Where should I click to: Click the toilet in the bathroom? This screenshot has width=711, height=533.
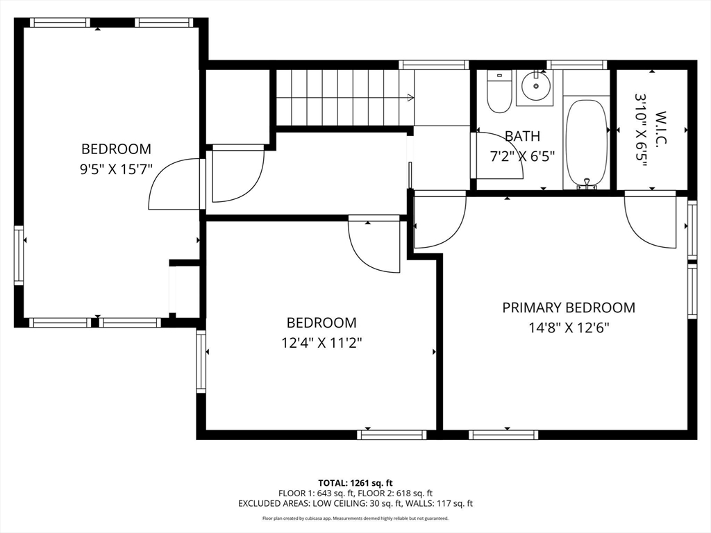(x=499, y=92)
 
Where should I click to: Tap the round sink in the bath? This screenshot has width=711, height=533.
(x=535, y=85)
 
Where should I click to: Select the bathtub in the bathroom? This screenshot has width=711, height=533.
(x=587, y=143)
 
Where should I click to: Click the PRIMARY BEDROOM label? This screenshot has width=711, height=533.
(x=569, y=307)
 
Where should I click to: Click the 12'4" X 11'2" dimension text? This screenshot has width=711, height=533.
(x=321, y=343)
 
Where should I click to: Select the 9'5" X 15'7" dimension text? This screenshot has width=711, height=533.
(x=116, y=169)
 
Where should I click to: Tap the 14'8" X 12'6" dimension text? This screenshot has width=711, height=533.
(x=569, y=328)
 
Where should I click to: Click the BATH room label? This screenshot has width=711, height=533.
(x=522, y=136)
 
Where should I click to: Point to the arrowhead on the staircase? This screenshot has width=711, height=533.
(x=411, y=97)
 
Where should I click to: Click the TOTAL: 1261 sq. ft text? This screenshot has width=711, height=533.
(x=355, y=483)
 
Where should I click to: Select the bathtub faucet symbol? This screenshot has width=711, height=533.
(x=587, y=183)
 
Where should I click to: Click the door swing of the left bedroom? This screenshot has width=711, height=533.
(x=174, y=183)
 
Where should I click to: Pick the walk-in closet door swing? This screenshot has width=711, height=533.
(x=650, y=220)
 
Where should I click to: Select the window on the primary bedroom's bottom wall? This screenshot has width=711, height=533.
(x=503, y=435)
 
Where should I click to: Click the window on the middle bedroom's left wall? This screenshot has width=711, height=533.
(x=201, y=361)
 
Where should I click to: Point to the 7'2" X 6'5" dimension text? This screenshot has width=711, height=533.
(x=522, y=156)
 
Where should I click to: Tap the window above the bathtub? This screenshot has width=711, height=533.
(x=577, y=65)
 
